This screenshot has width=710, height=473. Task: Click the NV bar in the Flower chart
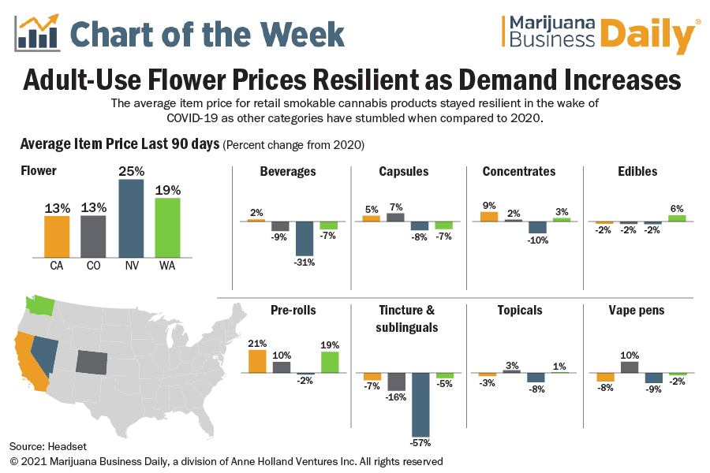pyautogui.click(x=131, y=218)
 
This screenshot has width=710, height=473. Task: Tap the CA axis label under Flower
pyautogui.click(x=57, y=266)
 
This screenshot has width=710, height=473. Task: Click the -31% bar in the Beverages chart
pyautogui.click(x=305, y=239)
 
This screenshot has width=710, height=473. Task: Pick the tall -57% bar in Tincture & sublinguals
pyautogui.click(x=420, y=403)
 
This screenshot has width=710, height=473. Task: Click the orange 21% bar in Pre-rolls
pyautogui.click(x=257, y=361)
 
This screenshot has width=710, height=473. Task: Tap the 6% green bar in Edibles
pyautogui.click(x=677, y=218)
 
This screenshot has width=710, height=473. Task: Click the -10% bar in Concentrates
pyautogui.click(x=538, y=227)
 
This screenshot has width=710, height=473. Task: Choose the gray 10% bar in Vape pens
pyautogui.click(x=630, y=367)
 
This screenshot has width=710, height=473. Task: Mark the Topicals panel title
pyautogui.click(x=520, y=310)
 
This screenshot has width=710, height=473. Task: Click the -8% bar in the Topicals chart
pyautogui.click(x=536, y=378)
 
